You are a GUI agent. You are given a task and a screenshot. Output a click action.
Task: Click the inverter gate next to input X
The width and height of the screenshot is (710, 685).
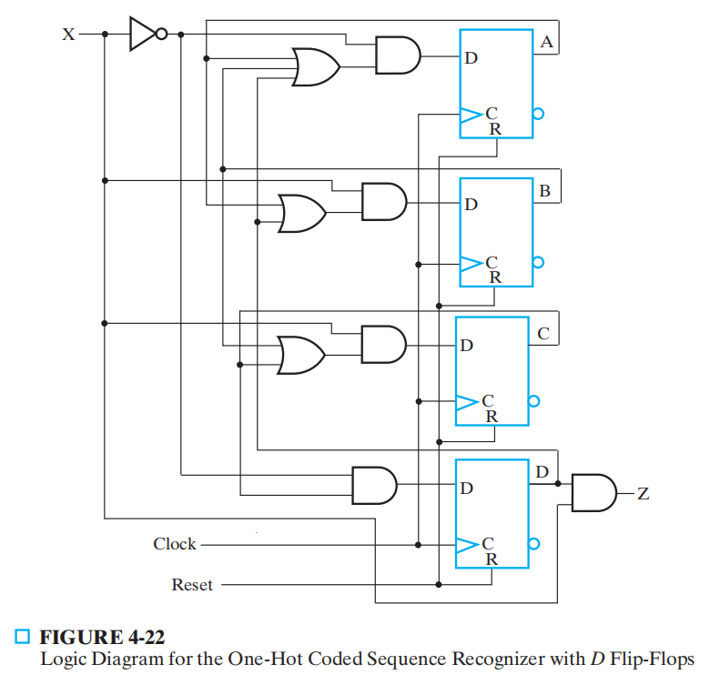coord(144,35)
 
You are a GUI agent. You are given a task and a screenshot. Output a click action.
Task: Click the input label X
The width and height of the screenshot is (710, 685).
coord(67,35)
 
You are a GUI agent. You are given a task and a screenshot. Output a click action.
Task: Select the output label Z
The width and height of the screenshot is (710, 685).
coord(643,494)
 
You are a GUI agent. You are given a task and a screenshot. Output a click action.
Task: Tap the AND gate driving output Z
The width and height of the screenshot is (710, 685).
coord(593,493)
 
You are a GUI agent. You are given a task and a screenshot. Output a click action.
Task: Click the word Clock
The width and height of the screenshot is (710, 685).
coord(175,544)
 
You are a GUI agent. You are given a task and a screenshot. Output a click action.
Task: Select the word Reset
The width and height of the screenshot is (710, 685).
coord(192,585)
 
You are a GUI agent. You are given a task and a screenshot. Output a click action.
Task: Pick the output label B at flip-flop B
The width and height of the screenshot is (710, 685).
coord(544,191)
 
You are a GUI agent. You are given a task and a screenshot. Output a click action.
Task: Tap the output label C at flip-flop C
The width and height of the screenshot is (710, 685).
coord(543,334)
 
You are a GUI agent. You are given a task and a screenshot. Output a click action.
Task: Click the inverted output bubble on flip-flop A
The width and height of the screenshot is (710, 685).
coord(539,115)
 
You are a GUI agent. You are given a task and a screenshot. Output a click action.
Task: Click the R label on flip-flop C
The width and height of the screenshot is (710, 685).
coord(491,416)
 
